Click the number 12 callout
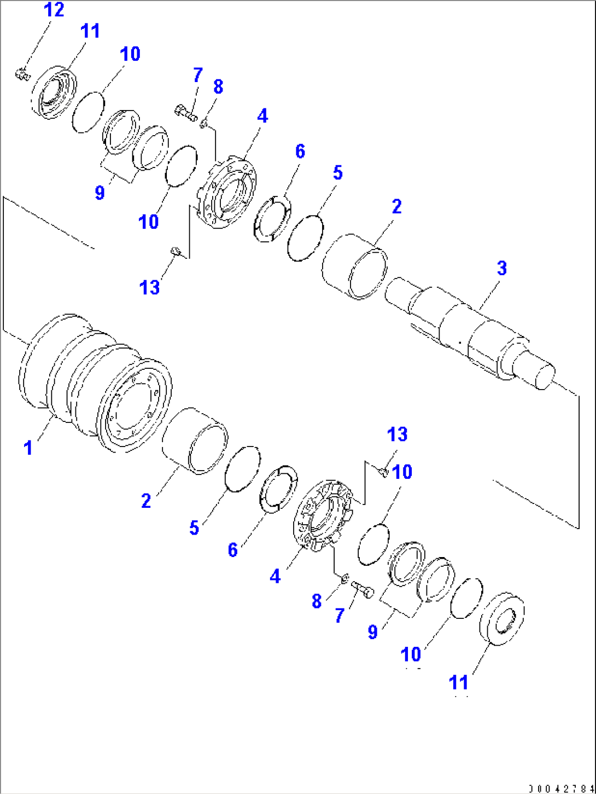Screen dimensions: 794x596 tap(54, 10)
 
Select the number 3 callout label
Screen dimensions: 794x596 tap(501, 268)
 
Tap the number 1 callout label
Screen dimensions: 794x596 tap(28, 448)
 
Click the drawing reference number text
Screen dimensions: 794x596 tap(560, 789)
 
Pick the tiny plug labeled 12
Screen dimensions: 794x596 tap(22, 73)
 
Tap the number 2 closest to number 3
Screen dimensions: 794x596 tap(396, 206)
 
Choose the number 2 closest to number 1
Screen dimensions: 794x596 tap(146, 500)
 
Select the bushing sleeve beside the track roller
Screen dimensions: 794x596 tap(196, 440)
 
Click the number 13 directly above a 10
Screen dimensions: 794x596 tap(397, 434)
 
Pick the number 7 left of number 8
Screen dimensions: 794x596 tap(197, 75)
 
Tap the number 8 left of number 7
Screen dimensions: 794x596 tap(317, 601)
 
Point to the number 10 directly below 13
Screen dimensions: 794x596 tap(402, 472)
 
